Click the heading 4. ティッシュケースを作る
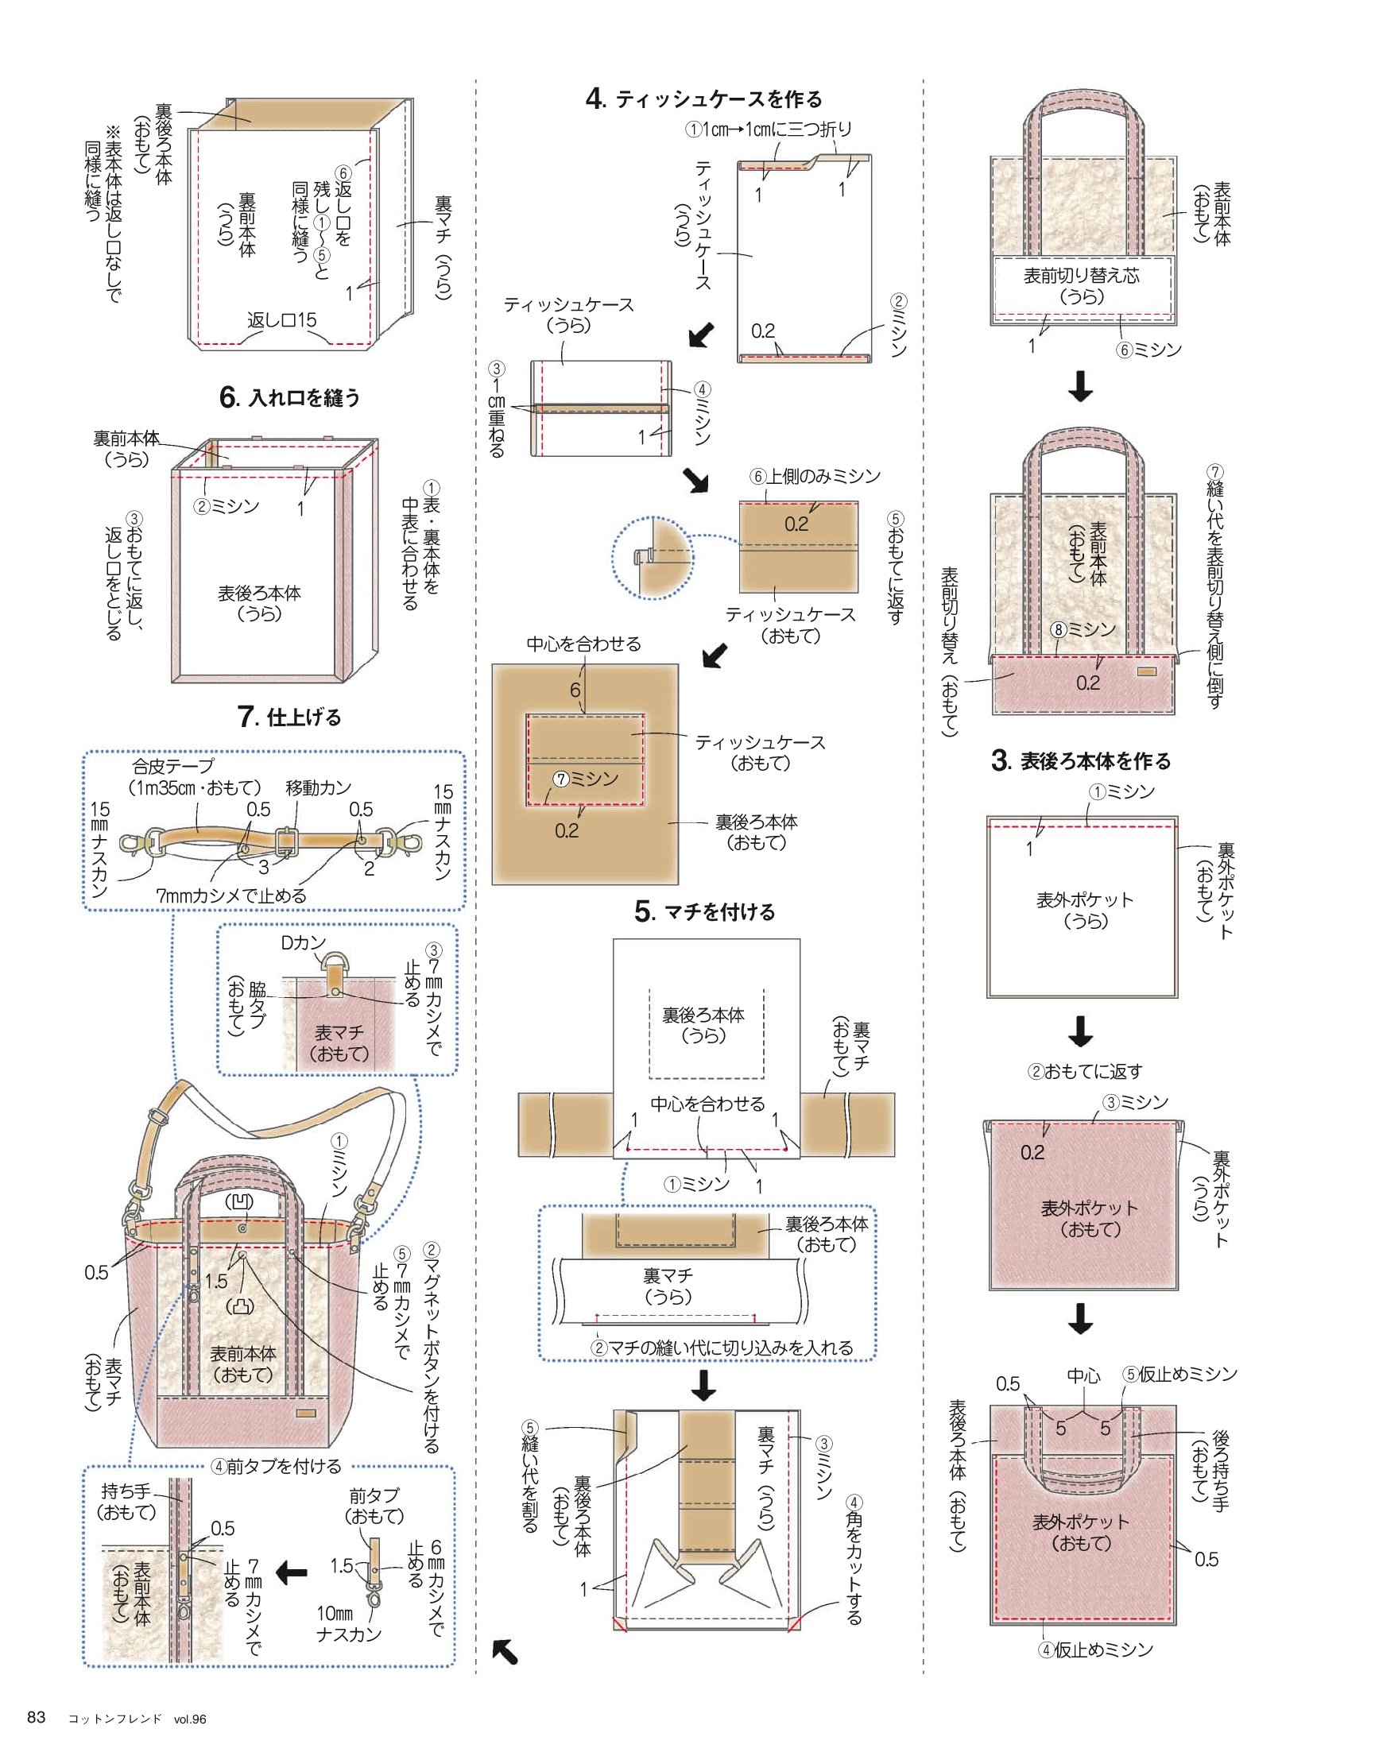coord(703,99)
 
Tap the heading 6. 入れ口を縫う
coord(290,397)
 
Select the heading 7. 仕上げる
coord(290,717)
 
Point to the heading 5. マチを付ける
coord(705,912)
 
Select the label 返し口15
coord(282,320)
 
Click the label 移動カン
coord(319,788)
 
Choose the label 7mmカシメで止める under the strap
coord(231,895)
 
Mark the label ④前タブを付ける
coord(276,1466)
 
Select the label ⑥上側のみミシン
coord(815,477)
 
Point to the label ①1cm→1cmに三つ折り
coord(769,129)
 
